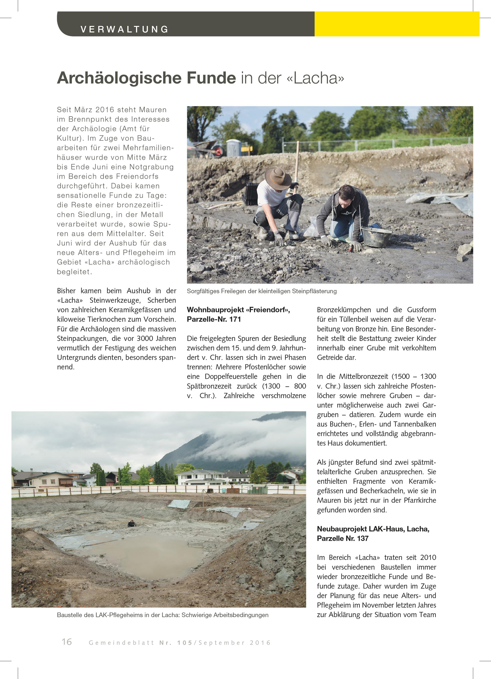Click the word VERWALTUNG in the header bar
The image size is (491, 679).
pos(124,29)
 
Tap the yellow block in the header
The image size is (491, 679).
pos(397,24)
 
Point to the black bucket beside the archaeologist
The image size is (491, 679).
pos(376,236)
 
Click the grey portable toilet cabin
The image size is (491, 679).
pos(234,148)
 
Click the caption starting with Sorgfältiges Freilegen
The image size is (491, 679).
pos(262,291)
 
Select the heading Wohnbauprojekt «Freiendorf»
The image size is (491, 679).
pos(238,310)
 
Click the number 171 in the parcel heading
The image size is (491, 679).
pos(235,319)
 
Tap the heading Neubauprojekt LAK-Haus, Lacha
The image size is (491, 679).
pos(373,529)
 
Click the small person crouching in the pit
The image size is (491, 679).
pos(131,524)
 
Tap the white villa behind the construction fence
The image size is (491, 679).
pos(199,478)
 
